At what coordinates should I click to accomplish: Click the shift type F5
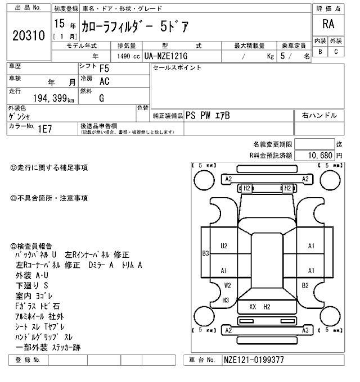[104, 69]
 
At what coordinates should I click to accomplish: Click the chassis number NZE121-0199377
[254, 360]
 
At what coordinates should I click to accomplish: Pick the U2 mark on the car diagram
[224, 245]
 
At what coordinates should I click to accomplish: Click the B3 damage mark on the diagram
[206, 253]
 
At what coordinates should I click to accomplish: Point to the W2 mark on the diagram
[227, 285]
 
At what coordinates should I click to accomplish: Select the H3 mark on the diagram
[226, 300]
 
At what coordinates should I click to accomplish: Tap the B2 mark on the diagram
[305, 285]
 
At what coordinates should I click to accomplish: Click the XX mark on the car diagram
[253, 307]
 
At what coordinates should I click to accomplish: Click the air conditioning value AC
[104, 81]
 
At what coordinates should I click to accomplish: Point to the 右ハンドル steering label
[319, 115]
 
